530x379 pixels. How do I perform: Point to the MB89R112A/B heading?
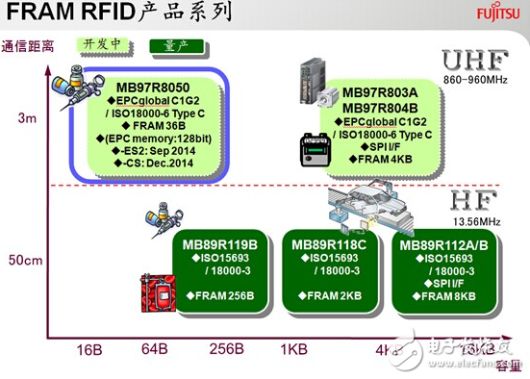[445, 244]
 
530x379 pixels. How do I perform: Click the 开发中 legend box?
[103, 44]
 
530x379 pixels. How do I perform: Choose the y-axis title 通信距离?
[28, 45]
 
